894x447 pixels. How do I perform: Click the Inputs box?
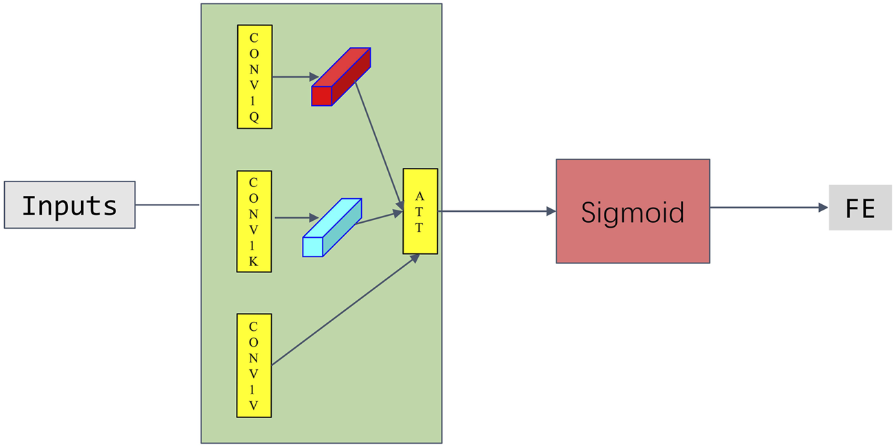[69, 205]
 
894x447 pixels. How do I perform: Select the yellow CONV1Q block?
[254, 76]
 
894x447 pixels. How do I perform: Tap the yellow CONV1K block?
[254, 221]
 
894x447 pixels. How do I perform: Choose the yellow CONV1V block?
[254, 365]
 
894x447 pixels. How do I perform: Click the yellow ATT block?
[420, 211]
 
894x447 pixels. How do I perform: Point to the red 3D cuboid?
[341, 77]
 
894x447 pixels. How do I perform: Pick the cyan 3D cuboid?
[332, 228]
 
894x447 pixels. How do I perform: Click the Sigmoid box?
[633, 211]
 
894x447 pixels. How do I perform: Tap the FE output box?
[860, 208]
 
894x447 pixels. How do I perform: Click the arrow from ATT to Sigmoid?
[495, 211]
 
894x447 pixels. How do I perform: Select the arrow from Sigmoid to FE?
[767, 208]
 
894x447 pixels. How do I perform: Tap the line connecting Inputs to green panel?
[167, 205]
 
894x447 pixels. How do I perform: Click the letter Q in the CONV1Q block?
[254, 117]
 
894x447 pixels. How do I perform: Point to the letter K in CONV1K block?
[254, 261]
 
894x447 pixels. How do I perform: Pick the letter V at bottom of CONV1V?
[254, 406]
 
